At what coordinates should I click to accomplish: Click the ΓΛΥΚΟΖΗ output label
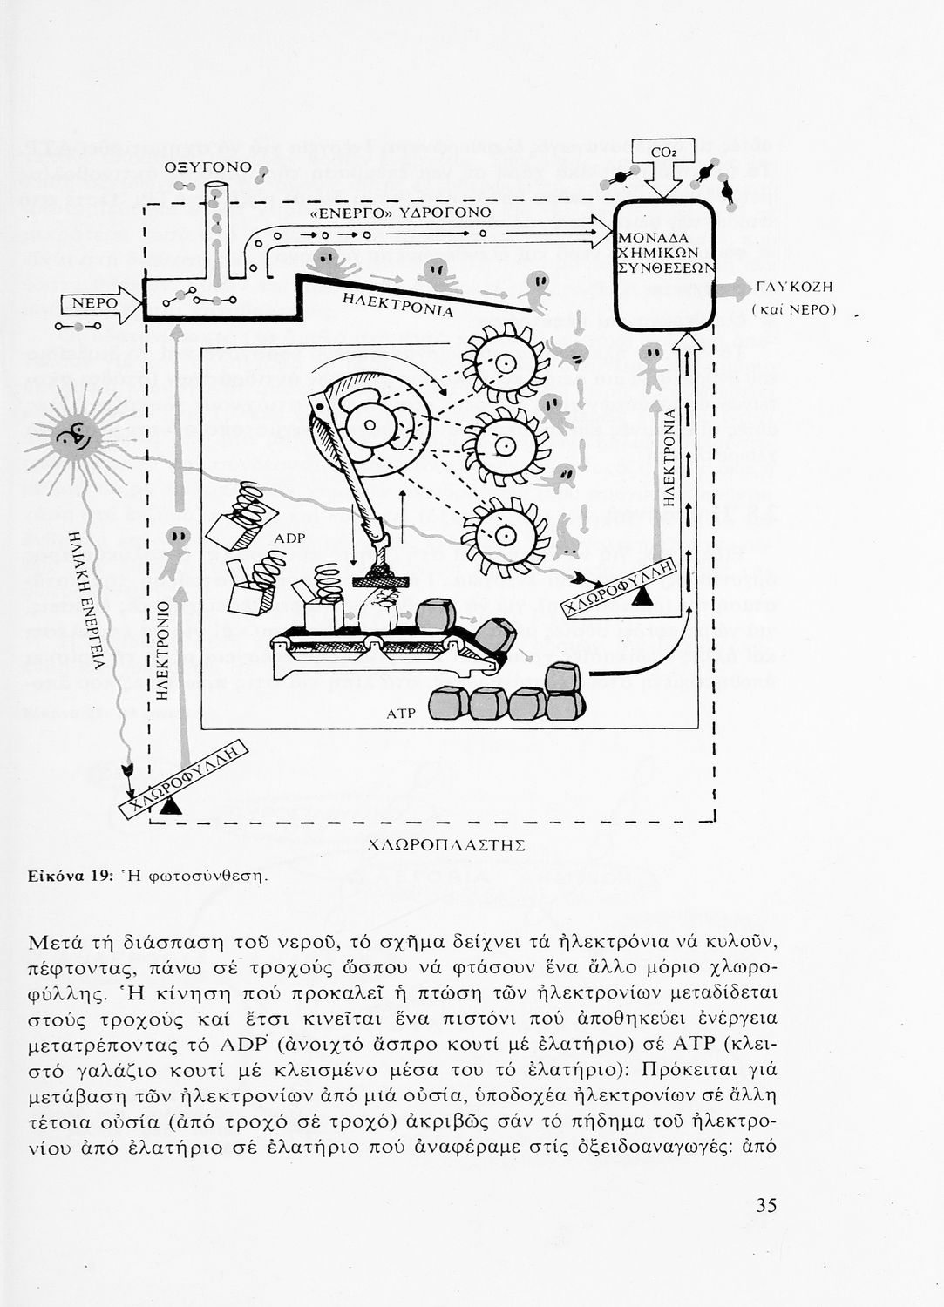click(795, 287)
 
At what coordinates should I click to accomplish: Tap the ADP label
click(289, 538)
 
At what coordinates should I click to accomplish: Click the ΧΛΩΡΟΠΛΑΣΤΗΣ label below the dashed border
click(446, 844)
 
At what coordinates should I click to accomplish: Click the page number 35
click(766, 1205)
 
